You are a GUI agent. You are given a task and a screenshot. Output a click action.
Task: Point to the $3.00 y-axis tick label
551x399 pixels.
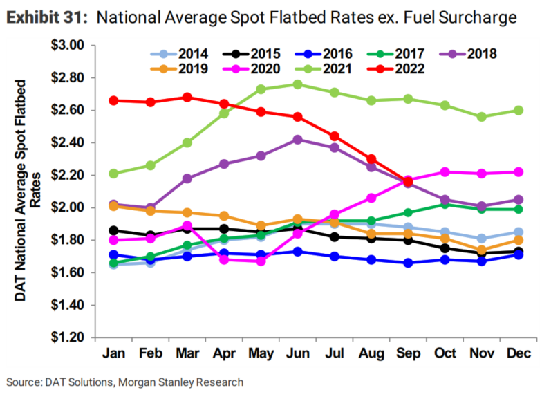[x=67, y=46]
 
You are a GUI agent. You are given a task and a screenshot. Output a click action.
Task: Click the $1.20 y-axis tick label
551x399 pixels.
[x=67, y=337]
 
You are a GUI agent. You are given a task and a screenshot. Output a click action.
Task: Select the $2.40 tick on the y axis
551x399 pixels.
[x=67, y=143]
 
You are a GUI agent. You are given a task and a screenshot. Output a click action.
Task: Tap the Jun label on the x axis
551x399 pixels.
[x=297, y=354]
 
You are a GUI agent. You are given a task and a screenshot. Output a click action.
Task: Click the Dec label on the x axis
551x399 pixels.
[x=518, y=354]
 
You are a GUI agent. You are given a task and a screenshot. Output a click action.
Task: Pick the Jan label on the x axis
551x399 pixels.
[x=113, y=354]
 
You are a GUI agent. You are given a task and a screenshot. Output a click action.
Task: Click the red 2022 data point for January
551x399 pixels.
[x=113, y=100]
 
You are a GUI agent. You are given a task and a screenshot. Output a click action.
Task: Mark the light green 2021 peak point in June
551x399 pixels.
[x=297, y=84]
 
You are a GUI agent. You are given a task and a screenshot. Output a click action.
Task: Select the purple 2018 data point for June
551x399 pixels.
[x=297, y=139]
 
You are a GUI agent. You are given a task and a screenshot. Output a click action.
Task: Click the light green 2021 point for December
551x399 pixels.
[x=518, y=110]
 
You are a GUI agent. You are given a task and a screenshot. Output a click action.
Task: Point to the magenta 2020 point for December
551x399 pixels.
[x=518, y=171]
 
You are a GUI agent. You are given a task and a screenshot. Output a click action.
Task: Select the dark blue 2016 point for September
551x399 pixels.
[x=408, y=263]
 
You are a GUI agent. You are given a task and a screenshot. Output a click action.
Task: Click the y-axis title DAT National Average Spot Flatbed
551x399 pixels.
[x=21, y=191]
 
